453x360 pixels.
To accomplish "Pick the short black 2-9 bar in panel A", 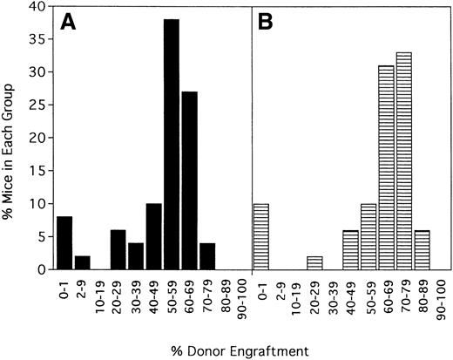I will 82,263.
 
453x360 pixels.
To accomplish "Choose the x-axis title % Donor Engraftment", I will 249,350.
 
